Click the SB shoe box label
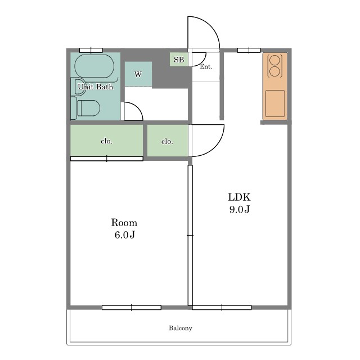179,60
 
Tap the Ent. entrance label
206,66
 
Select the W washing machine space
138,74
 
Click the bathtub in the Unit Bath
94,66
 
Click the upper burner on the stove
275,61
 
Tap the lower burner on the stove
275,71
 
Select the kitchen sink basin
275,103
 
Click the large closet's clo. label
106,141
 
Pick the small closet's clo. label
167,141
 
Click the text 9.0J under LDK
240,209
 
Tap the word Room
124,223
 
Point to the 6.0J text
125,235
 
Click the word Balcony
181,328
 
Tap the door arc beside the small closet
214,147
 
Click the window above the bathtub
91,50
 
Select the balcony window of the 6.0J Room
132,308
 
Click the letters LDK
239,197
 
